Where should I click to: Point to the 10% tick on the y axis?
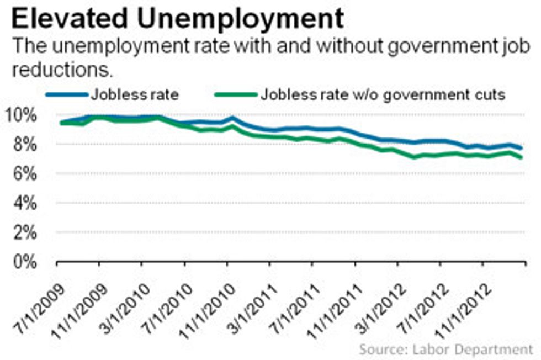[x=22, y=115]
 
